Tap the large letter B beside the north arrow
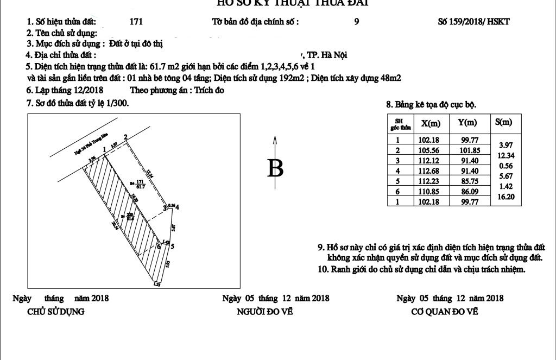(276, 168)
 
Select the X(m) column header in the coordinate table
(431, 123)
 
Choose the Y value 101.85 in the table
(467, 150)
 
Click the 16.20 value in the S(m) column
(508, 197)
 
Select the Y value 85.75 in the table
(467, 181)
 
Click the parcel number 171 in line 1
(137, 22)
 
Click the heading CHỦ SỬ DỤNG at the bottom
(56, 312)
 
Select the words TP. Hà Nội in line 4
(327, 55)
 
